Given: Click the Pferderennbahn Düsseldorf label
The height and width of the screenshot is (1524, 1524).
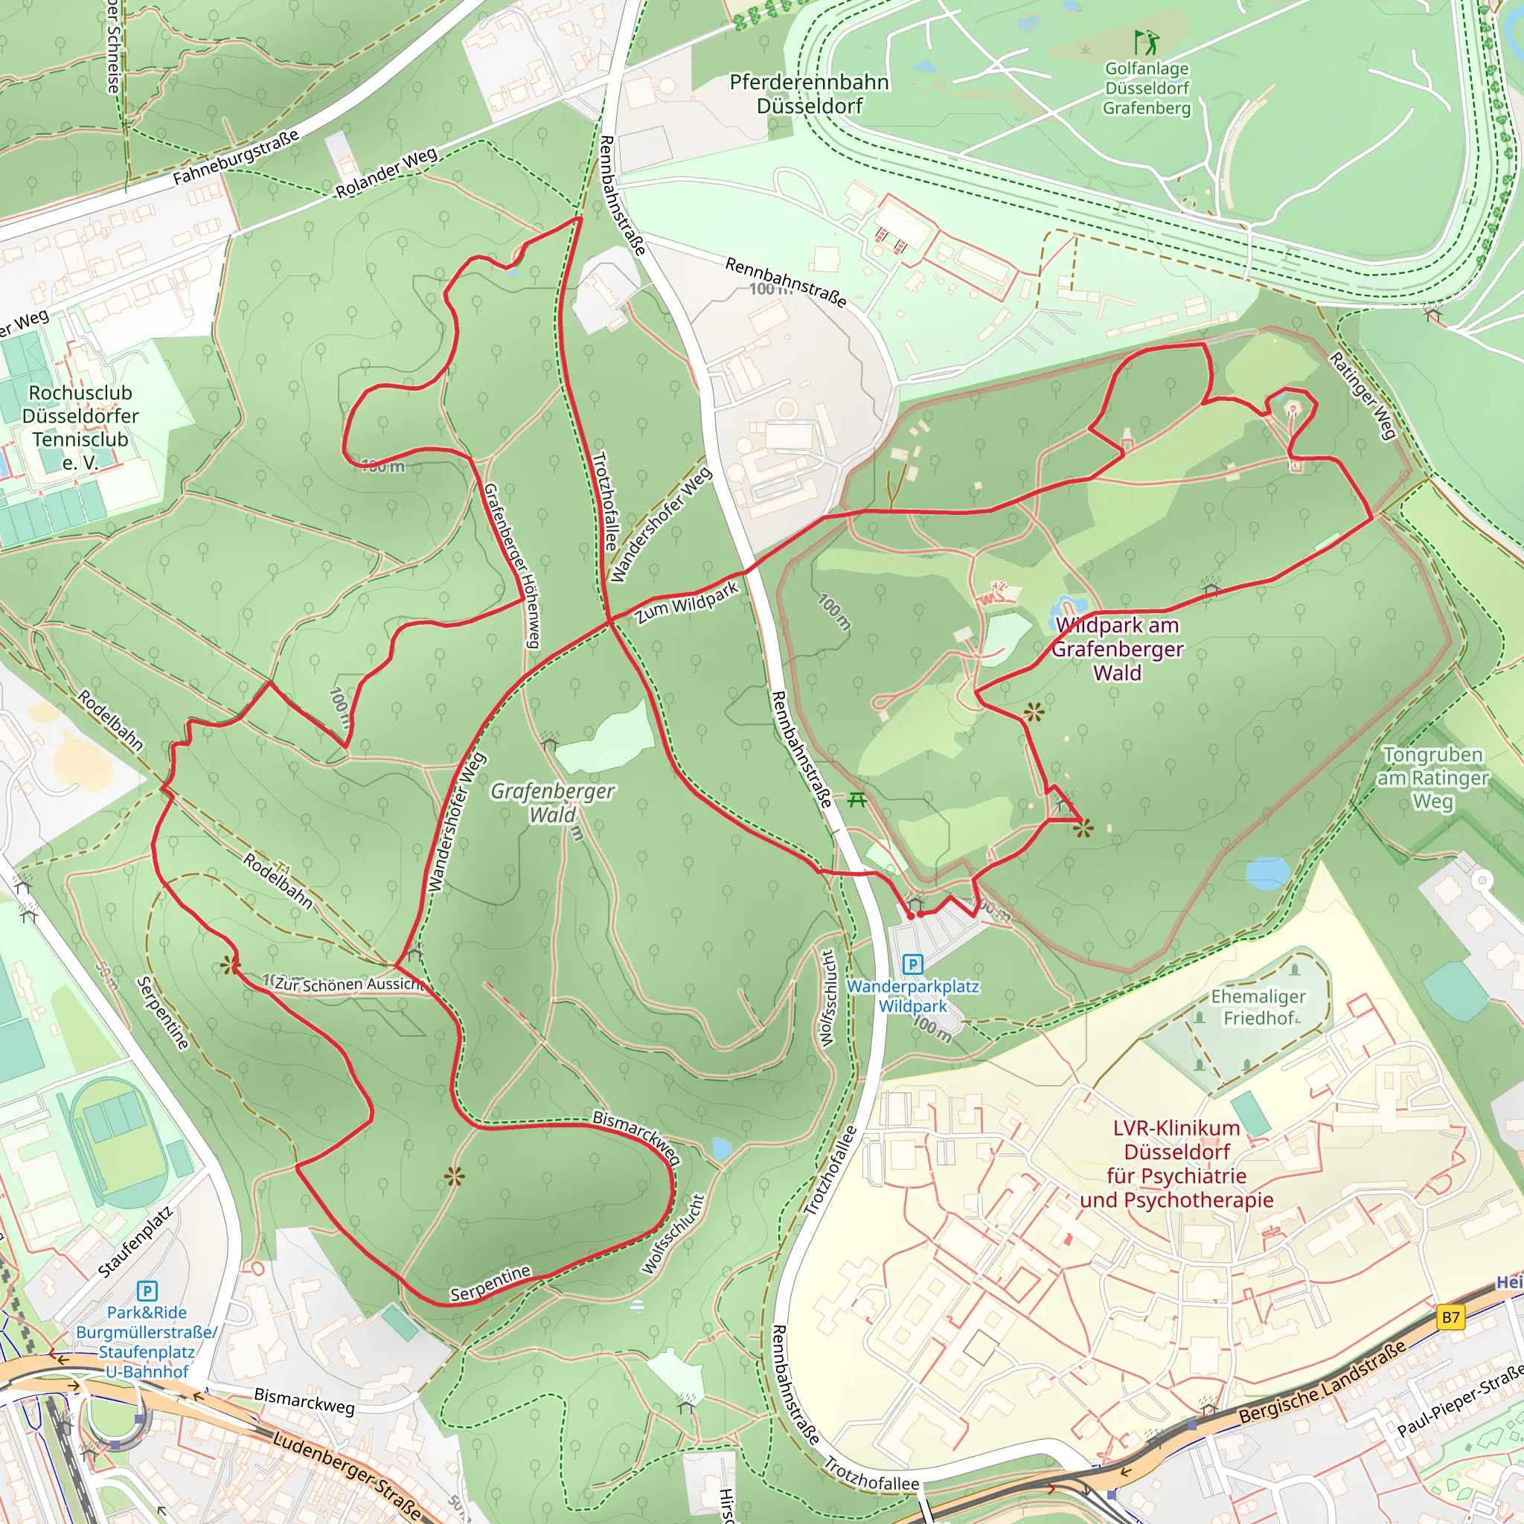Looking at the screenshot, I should pyautogui.click(x=809, y=94).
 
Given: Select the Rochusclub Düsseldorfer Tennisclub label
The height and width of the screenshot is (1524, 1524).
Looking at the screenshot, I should pyautogui.click(x=80, y=426).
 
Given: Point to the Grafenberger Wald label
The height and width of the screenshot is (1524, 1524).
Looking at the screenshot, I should pyautogui.click(x=552, y=802).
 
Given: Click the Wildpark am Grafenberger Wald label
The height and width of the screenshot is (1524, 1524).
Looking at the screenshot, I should pyautogui.click(x=1117, y=648).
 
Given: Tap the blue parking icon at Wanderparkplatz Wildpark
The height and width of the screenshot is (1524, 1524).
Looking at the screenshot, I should pyautogui.click(x=912, y=964).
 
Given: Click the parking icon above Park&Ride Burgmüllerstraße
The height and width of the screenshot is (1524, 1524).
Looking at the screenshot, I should pyautogui.click(x=147, y=1291).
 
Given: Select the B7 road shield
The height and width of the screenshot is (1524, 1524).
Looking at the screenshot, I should pyautogui.click(x=1450, y=1316).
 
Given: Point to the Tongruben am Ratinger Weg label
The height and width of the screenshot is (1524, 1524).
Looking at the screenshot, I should pyautogui.click(x=1432, y=778).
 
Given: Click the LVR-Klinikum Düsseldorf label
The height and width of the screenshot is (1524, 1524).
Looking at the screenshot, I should pyautogui.click(x=1176, y=1164).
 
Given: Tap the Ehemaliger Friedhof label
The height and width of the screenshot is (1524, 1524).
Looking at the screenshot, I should pyautogui.click(x=1258, y=1008).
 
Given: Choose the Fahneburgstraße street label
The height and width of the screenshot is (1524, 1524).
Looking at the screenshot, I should pyautogui.click(x=236, y=157).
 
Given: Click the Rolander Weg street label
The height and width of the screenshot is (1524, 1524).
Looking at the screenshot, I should pyautogui.click(x=386, y=173).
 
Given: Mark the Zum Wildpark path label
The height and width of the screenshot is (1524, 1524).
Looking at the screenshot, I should pyautogui.click(x=688, y=603).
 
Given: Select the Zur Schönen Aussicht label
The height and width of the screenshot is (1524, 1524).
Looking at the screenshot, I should pyautogui.click(x=350, y=984).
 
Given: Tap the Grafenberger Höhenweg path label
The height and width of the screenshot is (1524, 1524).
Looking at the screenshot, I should pyautogui.click(x=512, y=566).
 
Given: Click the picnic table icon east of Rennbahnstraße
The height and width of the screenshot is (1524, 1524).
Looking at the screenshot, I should pyautogui.click(x=857, y=801).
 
